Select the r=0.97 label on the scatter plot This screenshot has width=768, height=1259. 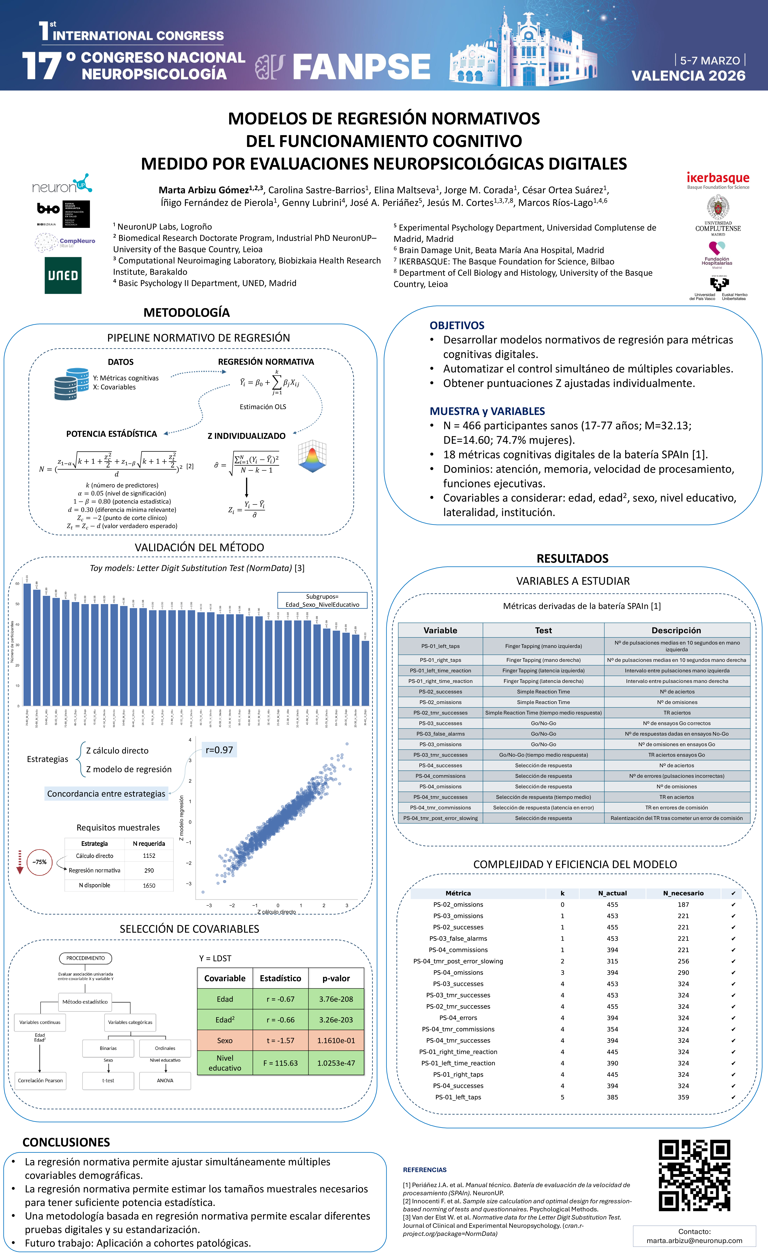[219, 750]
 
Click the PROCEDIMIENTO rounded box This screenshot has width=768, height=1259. [85, 958]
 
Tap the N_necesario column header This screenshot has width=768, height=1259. [683, 893]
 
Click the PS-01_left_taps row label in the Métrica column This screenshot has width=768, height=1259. [458, 1097]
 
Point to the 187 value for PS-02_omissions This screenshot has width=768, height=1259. [683, 904]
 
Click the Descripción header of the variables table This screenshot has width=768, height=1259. [676, 630]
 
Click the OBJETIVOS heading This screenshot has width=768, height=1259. [457, 326]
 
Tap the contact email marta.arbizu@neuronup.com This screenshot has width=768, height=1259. [694, 1241]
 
